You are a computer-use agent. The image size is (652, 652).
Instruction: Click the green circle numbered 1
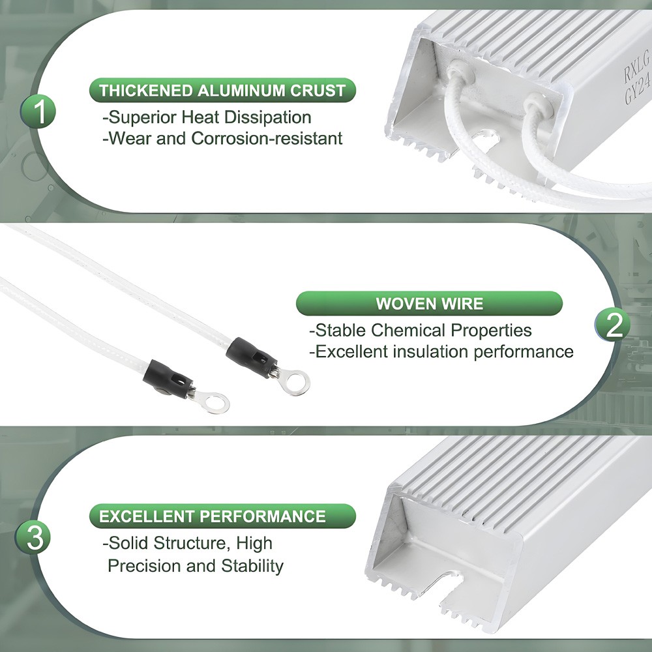tap(38, 111)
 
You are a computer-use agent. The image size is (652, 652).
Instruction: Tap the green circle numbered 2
tap(612, 325)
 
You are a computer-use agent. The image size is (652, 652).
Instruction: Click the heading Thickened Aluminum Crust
tap(222, 90)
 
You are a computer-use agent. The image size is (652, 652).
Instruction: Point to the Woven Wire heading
tap(429, 304)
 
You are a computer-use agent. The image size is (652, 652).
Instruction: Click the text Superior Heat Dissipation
tap(207, 117)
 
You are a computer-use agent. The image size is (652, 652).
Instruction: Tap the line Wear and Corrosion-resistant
tap(222, 138)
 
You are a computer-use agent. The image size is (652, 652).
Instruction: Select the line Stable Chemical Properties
tap(421, 331)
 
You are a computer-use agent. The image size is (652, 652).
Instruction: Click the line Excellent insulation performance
tap(441, 352)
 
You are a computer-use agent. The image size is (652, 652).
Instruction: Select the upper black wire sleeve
tap(252, 357)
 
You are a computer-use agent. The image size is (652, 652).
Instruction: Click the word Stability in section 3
tap(252, 566)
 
